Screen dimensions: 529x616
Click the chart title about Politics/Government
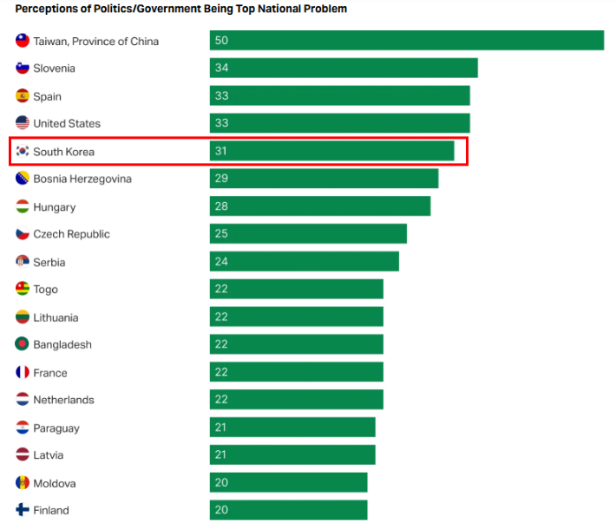181,9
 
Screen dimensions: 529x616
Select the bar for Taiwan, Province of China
406,41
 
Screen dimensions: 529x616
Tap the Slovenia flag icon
23,69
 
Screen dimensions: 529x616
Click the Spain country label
47,96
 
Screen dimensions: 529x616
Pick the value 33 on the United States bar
221,124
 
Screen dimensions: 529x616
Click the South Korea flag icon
23,152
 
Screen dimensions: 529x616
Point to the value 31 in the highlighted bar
221,152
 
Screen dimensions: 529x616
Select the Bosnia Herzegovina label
82,179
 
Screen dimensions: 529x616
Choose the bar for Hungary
319,206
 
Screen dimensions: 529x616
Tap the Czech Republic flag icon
23,234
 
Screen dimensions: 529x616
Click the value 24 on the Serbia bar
221,262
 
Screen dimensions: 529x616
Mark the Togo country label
45,290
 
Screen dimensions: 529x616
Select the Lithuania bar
296,317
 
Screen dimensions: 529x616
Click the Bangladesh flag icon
23,344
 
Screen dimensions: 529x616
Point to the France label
49,373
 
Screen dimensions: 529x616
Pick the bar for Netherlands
296,400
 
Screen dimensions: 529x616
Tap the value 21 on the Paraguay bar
221,428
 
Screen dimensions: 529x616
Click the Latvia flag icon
23,455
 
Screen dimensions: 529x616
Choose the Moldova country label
54,483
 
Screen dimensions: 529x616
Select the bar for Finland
288,510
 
